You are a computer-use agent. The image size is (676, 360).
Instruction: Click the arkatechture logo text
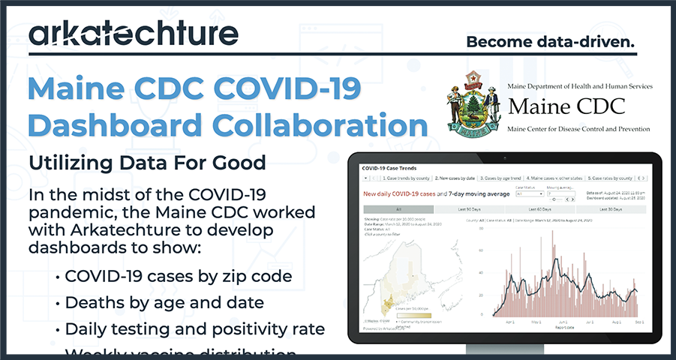coord(134,34)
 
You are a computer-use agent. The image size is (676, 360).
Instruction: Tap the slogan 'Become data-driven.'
coord(551,42)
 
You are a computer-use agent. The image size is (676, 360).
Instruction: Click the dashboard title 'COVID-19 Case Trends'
coord(389,169)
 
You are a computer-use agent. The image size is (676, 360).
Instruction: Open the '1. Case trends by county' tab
coord(405,178)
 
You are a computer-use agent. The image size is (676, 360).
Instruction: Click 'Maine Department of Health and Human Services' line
coord(581,87)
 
